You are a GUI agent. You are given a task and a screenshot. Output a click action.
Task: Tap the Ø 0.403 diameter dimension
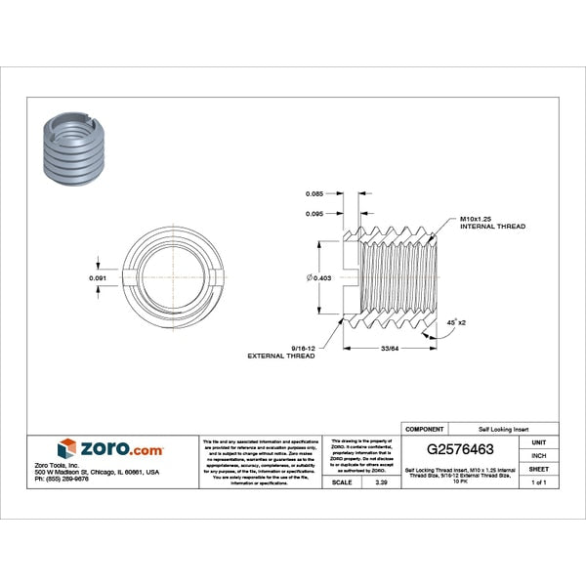pos(318,278)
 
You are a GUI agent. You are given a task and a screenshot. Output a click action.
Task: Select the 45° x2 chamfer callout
pos(456,321)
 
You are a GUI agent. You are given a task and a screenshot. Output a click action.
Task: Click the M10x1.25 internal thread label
pos(491,222)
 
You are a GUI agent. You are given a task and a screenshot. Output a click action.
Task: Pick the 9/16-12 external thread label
pos(288,353)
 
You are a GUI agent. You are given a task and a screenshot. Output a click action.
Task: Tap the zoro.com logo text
pos(122,449)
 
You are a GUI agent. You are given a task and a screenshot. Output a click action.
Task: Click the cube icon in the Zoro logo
pos(67,449)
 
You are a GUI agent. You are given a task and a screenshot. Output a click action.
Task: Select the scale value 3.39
pos(367,482)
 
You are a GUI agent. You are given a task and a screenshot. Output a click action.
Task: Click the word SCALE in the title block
pos(342,482)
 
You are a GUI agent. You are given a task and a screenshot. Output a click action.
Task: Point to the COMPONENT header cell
pos(424,429)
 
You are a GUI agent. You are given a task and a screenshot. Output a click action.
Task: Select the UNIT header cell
pos(537,442)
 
